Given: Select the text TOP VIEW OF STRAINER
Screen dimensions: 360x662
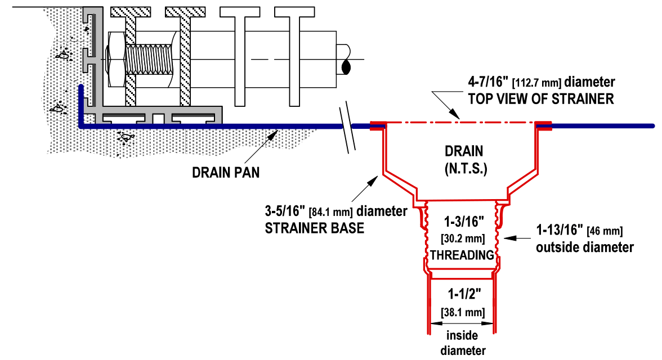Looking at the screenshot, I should click(541, 100).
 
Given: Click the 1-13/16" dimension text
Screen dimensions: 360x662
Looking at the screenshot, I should click(554, 230).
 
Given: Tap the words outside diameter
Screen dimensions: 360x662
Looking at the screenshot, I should click(585, 247).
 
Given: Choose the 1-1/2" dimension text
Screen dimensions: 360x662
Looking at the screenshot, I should click(463, 294).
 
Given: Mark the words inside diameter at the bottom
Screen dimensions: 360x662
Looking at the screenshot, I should click(463, 343).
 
